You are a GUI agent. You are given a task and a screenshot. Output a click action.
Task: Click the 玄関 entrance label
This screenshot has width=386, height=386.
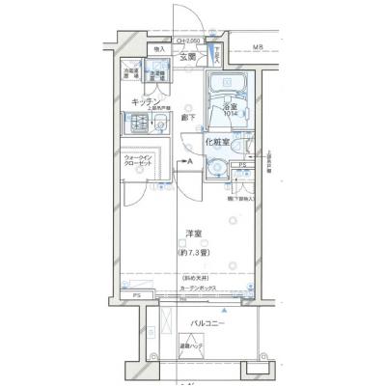pyautogui.click(x=188, y=58)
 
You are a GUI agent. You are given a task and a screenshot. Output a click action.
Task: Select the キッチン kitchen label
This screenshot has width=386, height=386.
pyautogui.click(x=145, y=100)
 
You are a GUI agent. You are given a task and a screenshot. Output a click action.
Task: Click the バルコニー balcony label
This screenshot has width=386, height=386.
pyautogui.click(x=207, y=323)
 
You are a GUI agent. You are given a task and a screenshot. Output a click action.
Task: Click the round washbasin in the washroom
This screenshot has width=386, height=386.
pyautogui.click(x=218, y=170)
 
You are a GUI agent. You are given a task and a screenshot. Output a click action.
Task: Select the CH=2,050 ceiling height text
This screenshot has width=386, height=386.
pyautogui.click(x=189, y=41)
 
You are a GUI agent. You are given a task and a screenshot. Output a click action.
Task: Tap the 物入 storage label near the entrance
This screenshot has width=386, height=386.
pyautogui.click(x=158, y=48)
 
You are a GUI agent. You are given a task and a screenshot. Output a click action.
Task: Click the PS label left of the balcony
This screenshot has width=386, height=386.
pyautogui.click(x=137, y=295)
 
